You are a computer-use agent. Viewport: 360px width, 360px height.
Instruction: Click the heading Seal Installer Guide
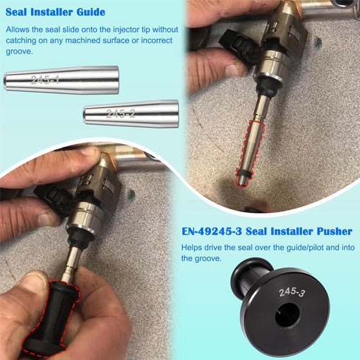click(55, 12)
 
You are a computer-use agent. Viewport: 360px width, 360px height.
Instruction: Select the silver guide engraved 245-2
click(131, 113)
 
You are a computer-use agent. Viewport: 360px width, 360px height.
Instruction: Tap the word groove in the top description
click(19, 53)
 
